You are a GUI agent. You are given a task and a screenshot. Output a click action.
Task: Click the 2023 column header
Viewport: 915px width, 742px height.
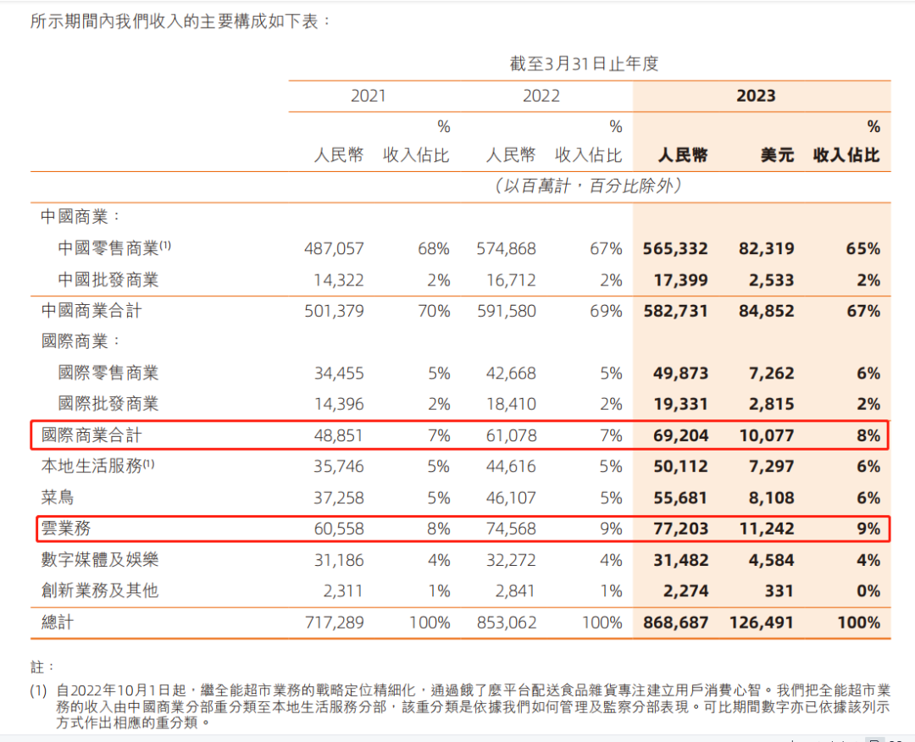coord(756,96)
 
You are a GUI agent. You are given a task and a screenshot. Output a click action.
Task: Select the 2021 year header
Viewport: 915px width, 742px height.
coord(368,96)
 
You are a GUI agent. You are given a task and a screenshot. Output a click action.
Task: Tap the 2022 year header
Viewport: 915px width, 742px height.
coord(541,96)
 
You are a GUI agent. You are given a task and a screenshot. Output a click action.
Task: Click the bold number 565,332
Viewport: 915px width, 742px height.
coord(675,249)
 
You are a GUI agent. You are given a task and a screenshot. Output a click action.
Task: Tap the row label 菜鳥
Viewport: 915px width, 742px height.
coord(58,498)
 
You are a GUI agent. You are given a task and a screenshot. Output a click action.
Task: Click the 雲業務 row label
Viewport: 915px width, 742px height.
coord(66,529)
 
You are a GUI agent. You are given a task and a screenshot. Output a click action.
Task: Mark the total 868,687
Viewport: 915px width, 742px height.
coord(675,623)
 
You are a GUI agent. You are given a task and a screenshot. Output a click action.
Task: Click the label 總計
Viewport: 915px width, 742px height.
coord(58,623)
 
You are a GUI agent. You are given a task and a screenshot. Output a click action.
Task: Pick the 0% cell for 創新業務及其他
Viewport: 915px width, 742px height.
coord(868,591)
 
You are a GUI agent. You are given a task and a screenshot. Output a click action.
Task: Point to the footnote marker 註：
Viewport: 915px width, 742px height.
coord(42,667)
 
